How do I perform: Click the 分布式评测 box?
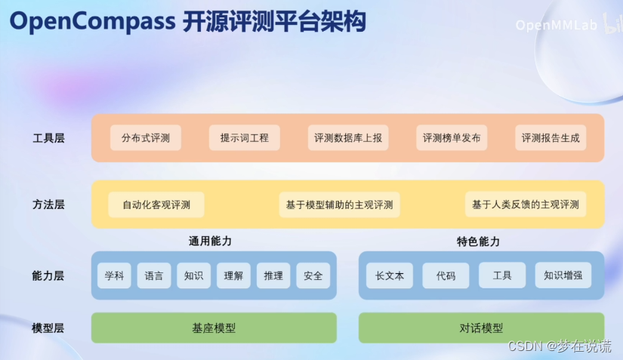pos(146,138)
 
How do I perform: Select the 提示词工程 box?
pos(244,138)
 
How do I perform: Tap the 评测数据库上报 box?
pos(348,138)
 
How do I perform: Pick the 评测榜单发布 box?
pos(452,138)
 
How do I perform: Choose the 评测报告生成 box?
pos(551,138)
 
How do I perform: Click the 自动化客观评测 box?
pos(156,205)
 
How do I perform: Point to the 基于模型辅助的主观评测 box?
pos(340,205)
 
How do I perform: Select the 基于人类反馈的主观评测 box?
pos(526,205)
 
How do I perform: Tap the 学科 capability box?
pos(114,275)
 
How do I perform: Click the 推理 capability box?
pos(273,275)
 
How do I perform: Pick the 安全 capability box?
pos(313,275)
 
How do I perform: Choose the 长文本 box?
pos(390,275)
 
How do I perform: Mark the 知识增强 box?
pos(563,275)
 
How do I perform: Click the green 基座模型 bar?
pos(214,328)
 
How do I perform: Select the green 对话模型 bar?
pos(481,328)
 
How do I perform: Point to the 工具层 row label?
pos(48,139)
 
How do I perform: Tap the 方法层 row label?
pos(48,205)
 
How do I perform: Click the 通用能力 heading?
pos(210,242)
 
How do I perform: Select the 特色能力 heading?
pos(478,242)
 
